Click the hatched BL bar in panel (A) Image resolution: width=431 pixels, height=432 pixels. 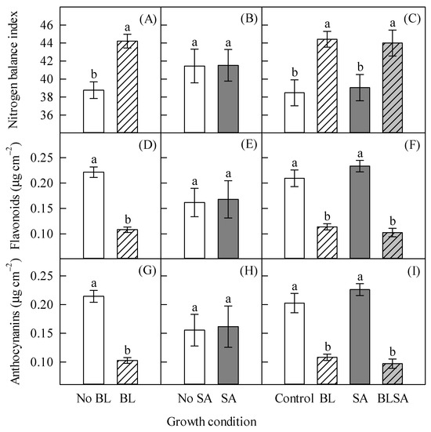[127, 87]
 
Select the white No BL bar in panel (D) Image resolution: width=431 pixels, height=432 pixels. [93, 215]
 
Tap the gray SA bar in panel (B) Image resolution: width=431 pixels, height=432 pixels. [228, 100]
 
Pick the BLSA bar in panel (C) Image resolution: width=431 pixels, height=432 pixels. [393, 88]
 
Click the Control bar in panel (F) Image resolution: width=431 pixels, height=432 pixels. [295, 218]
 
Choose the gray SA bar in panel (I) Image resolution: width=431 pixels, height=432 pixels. [360, 337]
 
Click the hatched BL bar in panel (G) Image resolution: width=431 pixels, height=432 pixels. [127, 372]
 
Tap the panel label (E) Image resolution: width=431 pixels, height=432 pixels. [248, 145]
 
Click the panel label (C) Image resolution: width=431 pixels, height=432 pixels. [412, 20]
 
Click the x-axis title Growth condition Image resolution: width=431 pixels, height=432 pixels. [212, 422]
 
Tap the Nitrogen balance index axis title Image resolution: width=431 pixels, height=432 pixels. [13, 70]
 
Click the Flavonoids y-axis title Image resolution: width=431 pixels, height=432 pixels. [14, 196]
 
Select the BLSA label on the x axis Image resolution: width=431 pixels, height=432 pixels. [393, 398]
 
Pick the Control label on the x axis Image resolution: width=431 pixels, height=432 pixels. [295, 398]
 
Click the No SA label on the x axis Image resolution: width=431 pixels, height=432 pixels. [195, 398]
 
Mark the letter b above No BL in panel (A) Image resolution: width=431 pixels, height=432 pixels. [94, 74]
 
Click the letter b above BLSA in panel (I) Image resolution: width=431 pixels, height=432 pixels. [393, 352]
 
